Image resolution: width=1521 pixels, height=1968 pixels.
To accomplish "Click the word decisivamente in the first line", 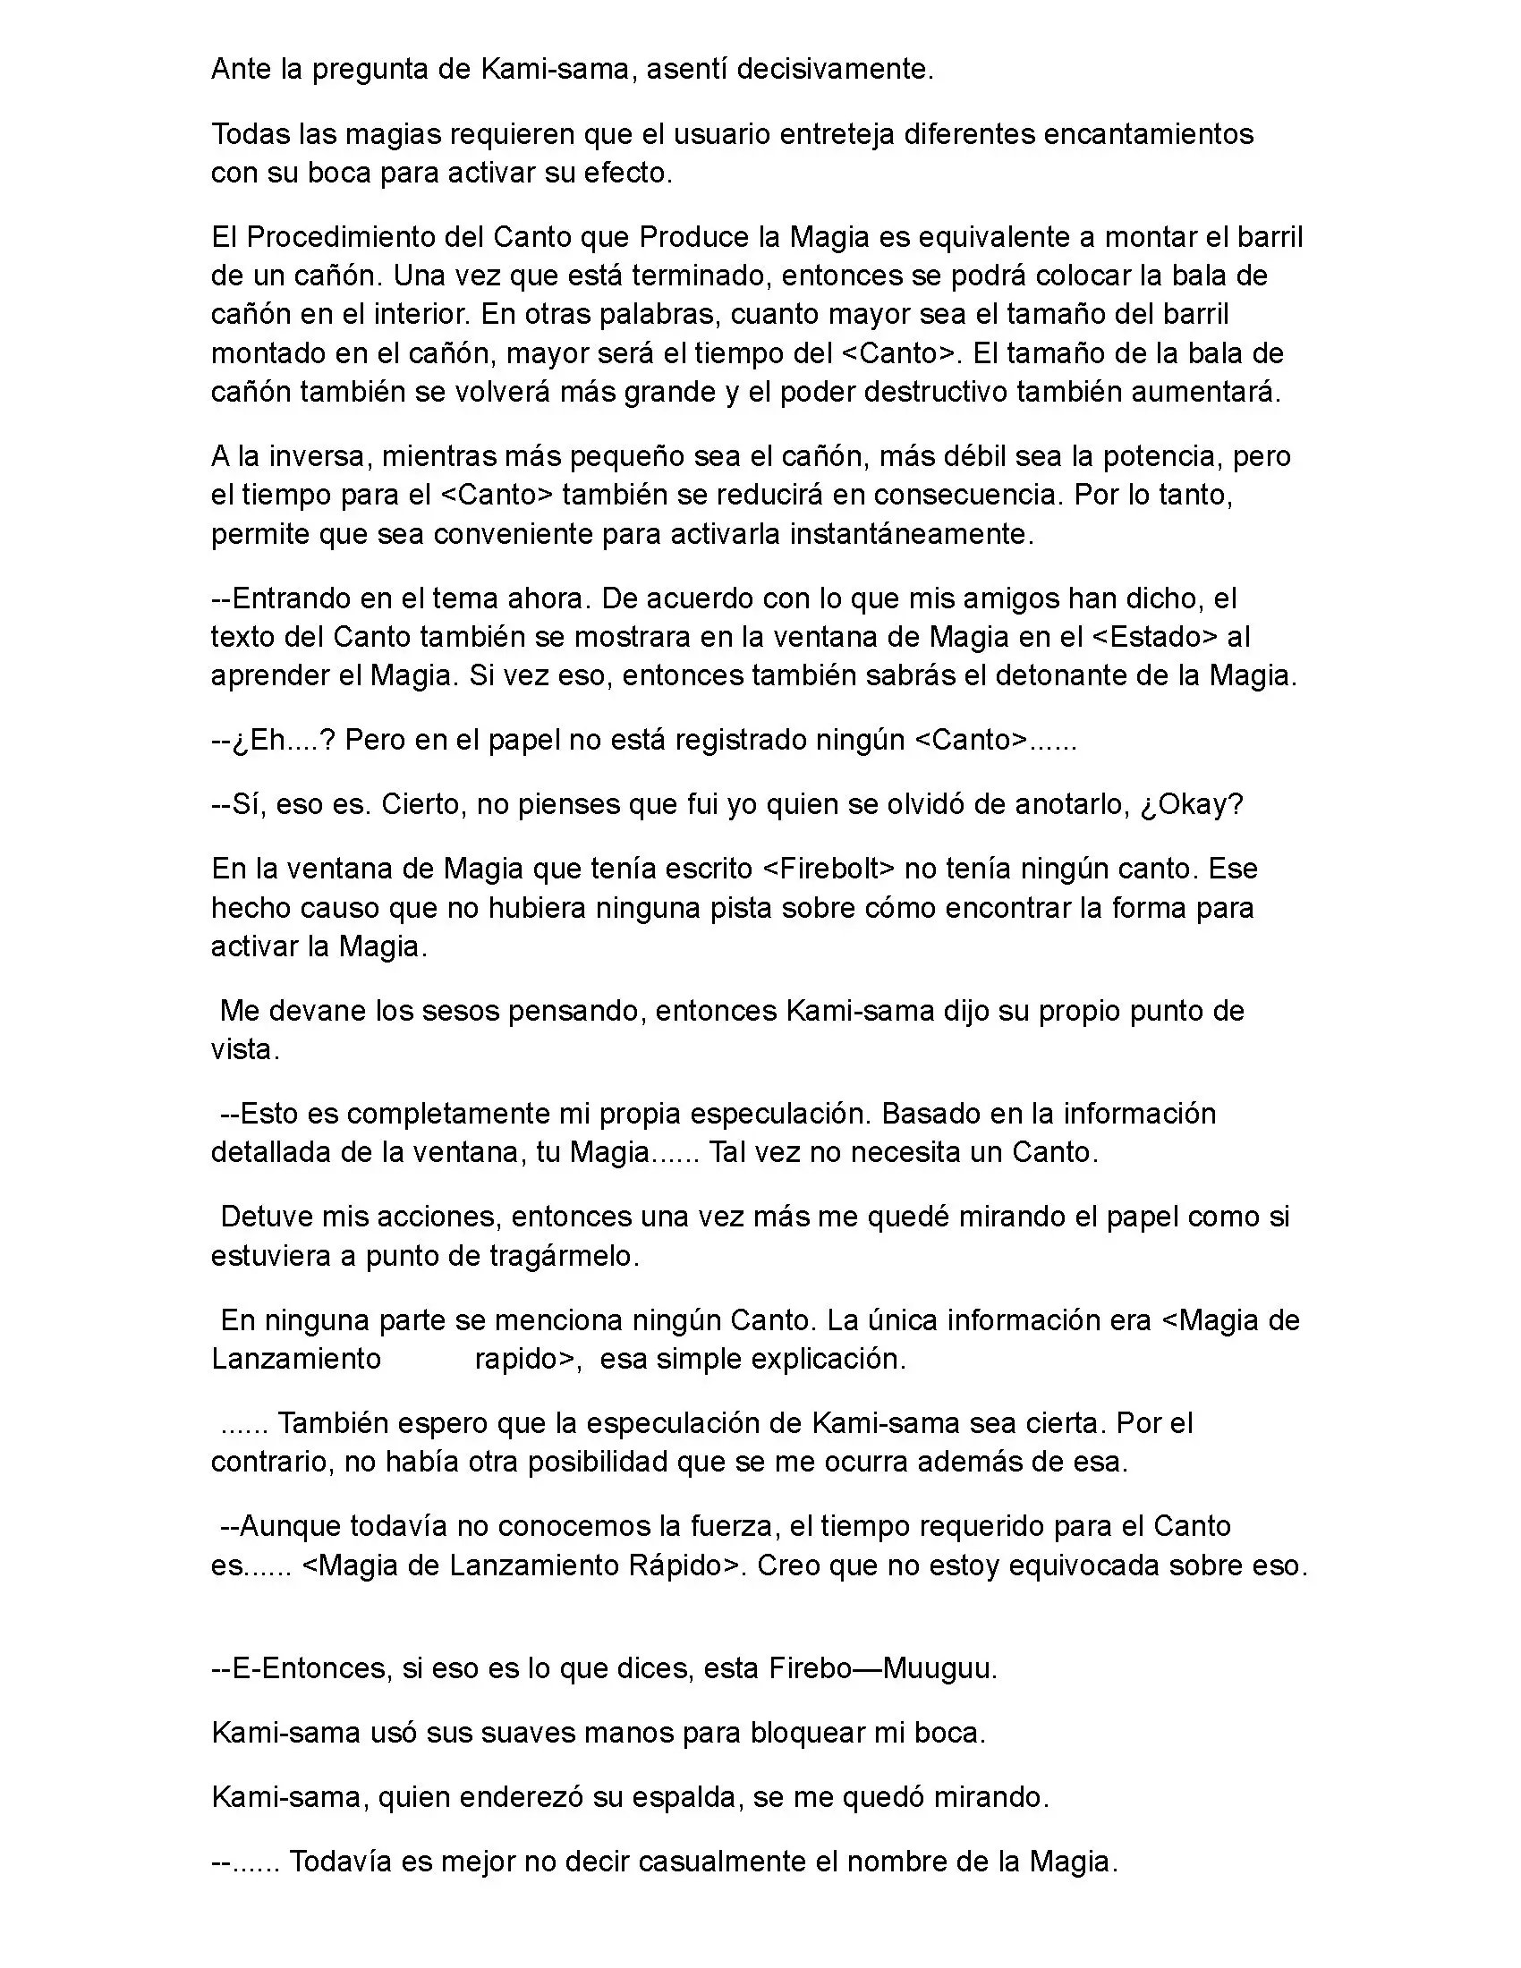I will click(835, 70).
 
